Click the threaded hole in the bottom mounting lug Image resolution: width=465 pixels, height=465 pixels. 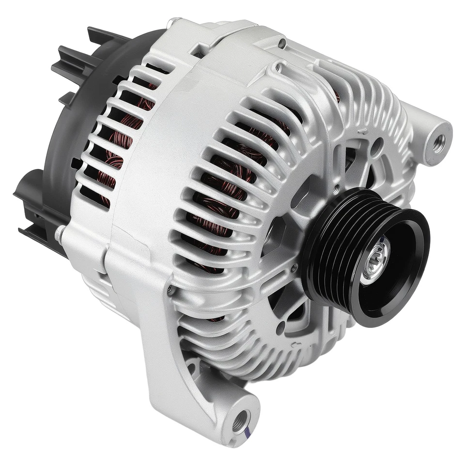pyautogui.click(x=241, y=420)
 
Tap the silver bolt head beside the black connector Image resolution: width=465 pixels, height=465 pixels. pyautogui.click(x=60, y=234)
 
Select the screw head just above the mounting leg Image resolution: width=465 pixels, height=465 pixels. pyautogui.click(x=170, y=290)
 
